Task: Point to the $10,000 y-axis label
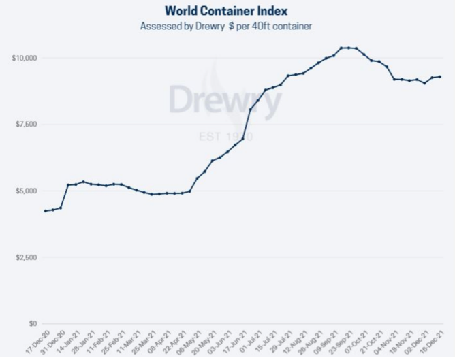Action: point(25,58)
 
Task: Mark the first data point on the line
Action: point(45,211)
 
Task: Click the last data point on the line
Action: point(439,76)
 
